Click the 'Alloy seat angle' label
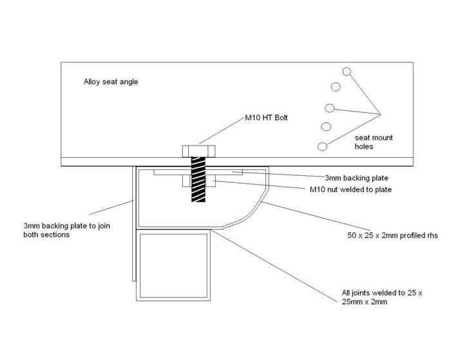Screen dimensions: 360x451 [x=111, y=82]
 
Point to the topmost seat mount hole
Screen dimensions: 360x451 [x=347, y=71]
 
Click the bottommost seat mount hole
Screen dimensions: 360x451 [x=322, y=147]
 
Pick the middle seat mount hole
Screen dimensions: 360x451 [x=330, y=108]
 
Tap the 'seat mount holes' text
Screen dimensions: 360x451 [x=374, y=142]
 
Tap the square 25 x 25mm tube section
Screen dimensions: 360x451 [x=173, y=265]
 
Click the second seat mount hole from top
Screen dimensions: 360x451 [x=336, y=87]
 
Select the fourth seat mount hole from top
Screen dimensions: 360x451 [x=326, y=126]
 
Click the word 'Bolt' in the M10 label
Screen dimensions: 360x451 [x=276, y=118]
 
